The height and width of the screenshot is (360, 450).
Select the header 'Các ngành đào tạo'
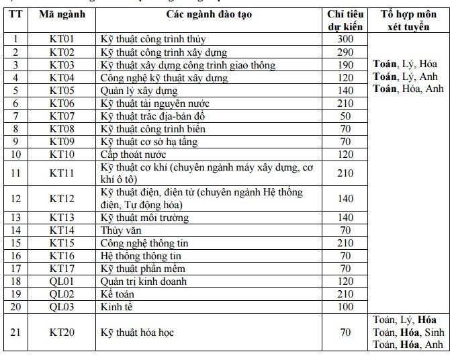tap(209, 14)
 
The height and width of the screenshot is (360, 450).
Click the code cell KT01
tap(62, 39)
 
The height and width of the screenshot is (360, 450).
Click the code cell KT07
tap(62, 116)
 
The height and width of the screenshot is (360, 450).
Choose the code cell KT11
tap(62, 173)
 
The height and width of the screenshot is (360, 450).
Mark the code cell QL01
tap(62, 281)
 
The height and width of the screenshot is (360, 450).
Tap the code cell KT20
tap(62, 332)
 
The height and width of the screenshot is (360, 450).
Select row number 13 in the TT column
tap(16, 217)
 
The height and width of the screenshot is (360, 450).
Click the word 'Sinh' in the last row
tap(434, 332)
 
